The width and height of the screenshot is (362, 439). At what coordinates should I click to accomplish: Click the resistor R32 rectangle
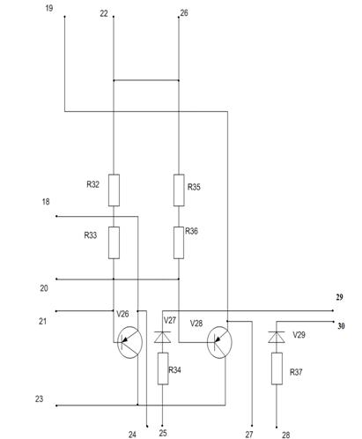114,190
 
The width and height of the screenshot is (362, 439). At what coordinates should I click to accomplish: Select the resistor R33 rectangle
114,242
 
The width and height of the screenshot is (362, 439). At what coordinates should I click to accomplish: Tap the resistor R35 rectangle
179,190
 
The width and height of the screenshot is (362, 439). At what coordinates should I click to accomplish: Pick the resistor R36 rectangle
179,242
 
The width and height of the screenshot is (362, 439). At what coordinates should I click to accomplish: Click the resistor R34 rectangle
163,368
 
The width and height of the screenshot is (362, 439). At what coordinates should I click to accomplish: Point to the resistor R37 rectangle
277,368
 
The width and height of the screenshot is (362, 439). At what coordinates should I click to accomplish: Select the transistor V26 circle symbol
129,342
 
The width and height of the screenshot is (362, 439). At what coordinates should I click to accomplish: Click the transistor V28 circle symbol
219,342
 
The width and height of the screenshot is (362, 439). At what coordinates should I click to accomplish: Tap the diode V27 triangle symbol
163,337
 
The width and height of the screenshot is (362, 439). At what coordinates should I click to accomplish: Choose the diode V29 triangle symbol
277,337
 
